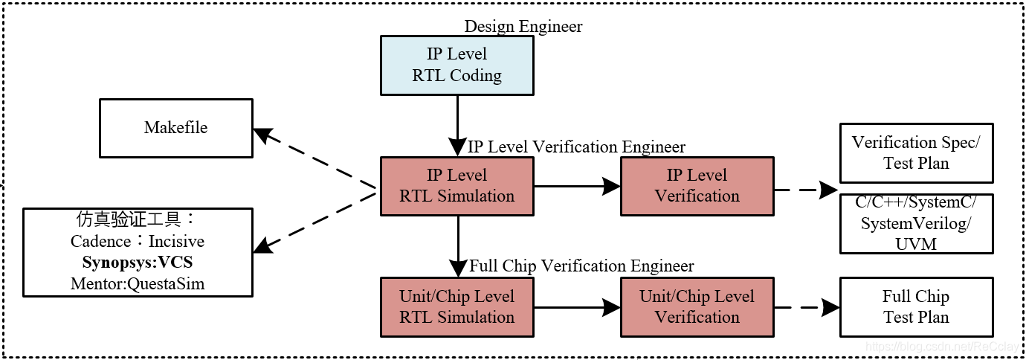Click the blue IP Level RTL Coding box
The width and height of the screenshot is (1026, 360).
click(x=456, y=65)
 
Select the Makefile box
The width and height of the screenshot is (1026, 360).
click(x=176, y=128)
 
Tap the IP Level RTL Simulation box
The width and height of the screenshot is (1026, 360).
click(x=456, y=186)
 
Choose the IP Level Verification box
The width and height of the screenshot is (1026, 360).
click(x=697, y=186)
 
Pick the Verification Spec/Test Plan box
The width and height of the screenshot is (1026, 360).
click(x=916, y=153)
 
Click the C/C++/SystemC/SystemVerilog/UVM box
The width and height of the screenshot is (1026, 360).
click(x=916, y=223)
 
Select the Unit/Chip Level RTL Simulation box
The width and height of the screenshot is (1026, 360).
click(x=456, y=306)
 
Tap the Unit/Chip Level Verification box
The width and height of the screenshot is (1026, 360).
click(x=697, y=306)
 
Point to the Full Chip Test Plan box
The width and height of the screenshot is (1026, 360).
click(x=916, y=306)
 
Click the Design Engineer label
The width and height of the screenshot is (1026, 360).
click(x=523, y=27)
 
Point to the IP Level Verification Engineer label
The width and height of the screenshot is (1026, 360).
click(x=576, y=147)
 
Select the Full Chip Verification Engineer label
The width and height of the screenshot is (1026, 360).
click(x=581, y=266)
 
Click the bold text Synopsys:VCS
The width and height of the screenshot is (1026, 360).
click(x=138, y=263)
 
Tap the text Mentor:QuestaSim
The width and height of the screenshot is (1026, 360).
click(x=138, y=283)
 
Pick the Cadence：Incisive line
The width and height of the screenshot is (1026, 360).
click(x=138, y=242)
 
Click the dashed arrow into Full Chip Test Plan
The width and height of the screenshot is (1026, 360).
click(x=807, y=306)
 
